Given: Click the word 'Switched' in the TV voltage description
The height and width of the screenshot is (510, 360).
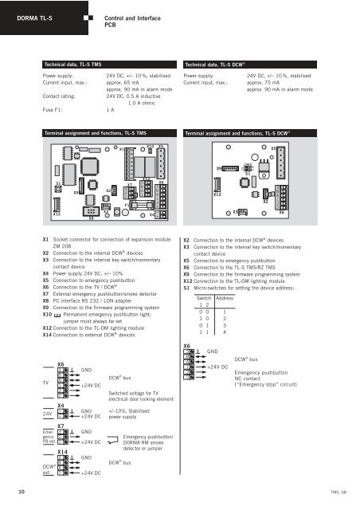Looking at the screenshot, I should point(119,393).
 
